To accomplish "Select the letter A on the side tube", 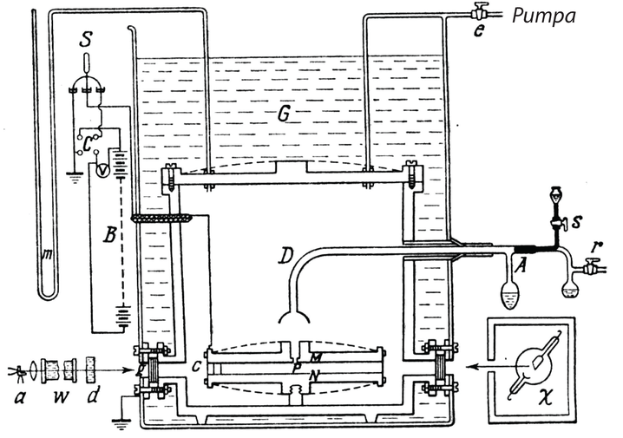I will tap(521, 267).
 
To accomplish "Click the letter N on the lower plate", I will tap(318, 375).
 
